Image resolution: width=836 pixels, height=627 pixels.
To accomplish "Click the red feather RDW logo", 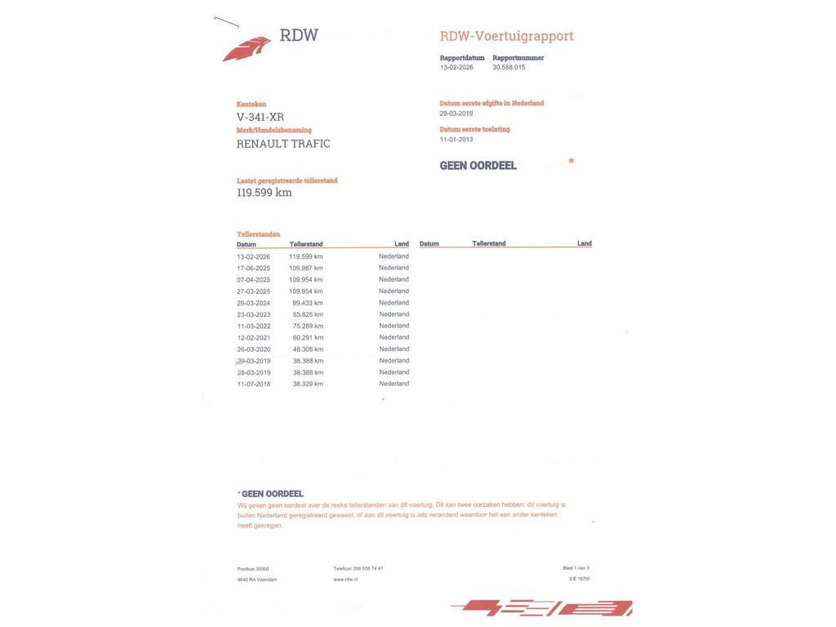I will point(247,48).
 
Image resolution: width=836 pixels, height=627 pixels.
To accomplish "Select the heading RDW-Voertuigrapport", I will point(506,36).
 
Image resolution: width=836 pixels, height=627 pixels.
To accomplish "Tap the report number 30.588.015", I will point(509,68).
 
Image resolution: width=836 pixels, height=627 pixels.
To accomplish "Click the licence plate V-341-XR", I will point(260,117).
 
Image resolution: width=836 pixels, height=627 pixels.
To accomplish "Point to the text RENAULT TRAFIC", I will point(283,144).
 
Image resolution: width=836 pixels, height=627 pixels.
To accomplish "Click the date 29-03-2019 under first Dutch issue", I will point(456,113).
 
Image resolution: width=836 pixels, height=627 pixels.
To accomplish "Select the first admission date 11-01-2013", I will point(456,140).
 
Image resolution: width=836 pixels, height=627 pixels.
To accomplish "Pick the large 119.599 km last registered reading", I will point(264,193).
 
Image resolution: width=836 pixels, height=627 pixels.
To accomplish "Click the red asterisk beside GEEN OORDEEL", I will point(571,162).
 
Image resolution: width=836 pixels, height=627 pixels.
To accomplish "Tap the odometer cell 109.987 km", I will point(305,268).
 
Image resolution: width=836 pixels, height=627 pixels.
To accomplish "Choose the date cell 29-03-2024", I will point(253,303).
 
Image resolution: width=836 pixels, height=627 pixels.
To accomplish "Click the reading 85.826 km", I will point(308,314).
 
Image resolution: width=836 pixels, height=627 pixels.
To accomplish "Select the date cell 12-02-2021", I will point(253,337).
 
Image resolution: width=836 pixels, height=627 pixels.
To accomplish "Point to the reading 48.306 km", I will point(308,349).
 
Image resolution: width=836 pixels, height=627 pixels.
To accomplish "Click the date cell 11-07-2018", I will point(253,384).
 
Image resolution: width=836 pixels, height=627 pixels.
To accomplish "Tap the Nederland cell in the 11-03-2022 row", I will point(394,326).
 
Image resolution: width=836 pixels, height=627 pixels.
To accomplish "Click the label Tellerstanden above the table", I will point(258,234).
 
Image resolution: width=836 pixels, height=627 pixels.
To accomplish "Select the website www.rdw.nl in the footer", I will point(345,580).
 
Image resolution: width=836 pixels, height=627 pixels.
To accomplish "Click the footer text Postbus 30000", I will point(253,569).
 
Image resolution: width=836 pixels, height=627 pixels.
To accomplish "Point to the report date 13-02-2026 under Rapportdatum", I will point(456,68).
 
